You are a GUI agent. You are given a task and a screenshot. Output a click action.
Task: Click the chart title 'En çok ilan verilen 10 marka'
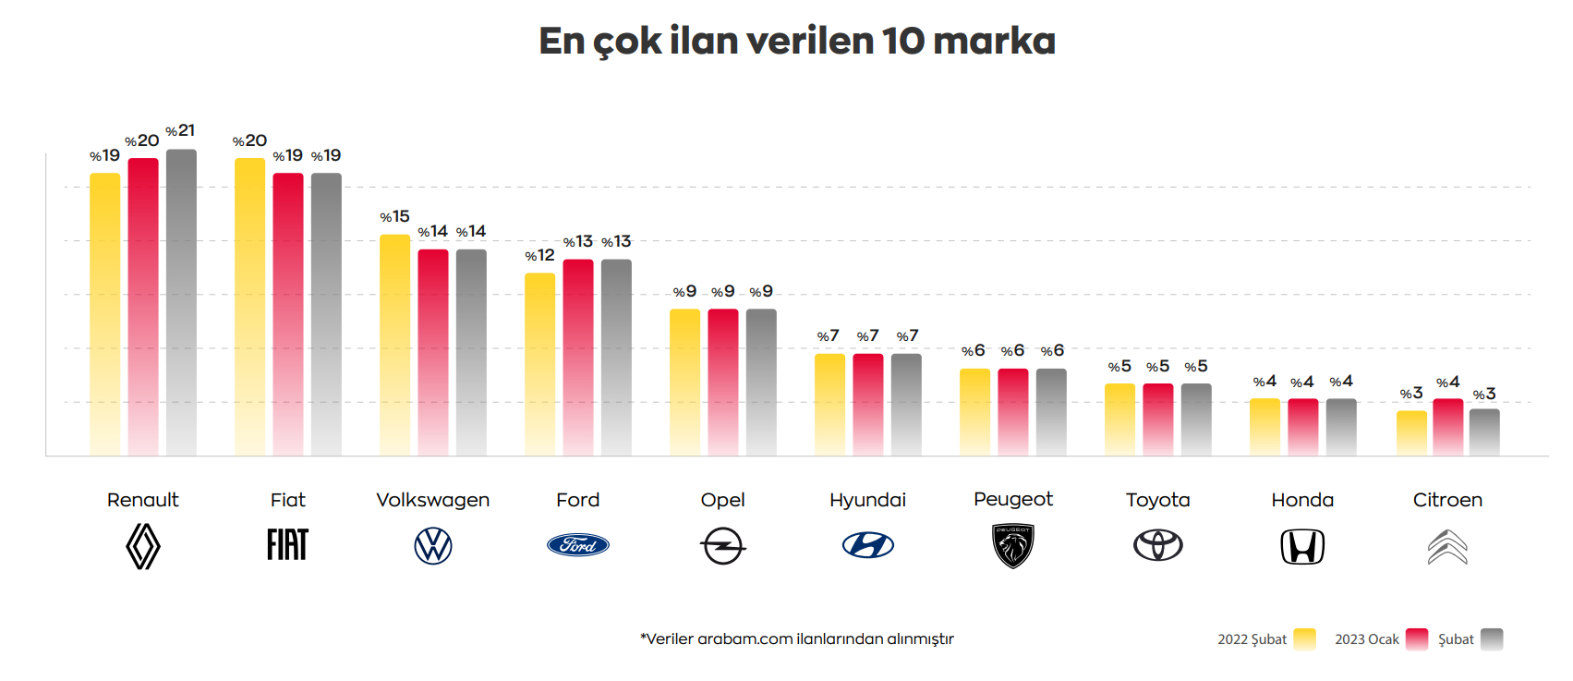pyautogui.click(x=797, y=42)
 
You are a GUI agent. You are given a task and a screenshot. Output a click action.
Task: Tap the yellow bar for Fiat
pyautogui.click(x=249, y=306)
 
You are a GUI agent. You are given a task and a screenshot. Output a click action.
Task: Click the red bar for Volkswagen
pyautogui.click(x=433, y=351)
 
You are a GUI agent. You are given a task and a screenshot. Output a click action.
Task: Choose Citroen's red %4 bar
pyautogui.click(x=1447, y=426)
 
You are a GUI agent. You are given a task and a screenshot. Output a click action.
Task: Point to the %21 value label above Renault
pyautogui.click(x=181, y=131)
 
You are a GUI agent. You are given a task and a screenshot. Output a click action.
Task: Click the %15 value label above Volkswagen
pyautogui.click(x=394, y=217)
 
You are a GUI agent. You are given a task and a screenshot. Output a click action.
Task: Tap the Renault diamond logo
pyautogui.click(x=143, y=546)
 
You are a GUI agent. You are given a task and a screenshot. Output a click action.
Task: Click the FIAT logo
pyautogui.click(x=287, y=545)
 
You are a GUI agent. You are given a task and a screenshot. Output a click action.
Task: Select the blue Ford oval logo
pyautogui.click(x=578, y=545)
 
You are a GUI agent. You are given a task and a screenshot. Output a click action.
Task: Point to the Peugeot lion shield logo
pyautogui.click(x=1013, y=546)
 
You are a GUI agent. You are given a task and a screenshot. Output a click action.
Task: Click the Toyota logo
pyautogui.click(x=1158, y=545)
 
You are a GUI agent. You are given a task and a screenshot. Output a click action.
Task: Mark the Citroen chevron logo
pyautogui.click(x=1447, y=547)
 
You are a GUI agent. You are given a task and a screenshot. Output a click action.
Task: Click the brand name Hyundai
pyautogui.click(x=867, y=500)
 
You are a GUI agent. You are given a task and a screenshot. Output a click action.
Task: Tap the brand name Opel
pyautogui.click(x=722, y=500)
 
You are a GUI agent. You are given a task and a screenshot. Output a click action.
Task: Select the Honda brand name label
pyautogui.click(x=1302, y=500)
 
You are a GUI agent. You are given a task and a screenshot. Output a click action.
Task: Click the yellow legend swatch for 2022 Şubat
pyautogui.click(x=1304, y=638)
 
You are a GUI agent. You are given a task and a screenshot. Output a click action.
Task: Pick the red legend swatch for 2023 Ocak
pyautogui.click(x=1417, y=638)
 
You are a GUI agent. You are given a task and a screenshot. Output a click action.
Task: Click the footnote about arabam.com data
pyautogui.click(x=796, y=638)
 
